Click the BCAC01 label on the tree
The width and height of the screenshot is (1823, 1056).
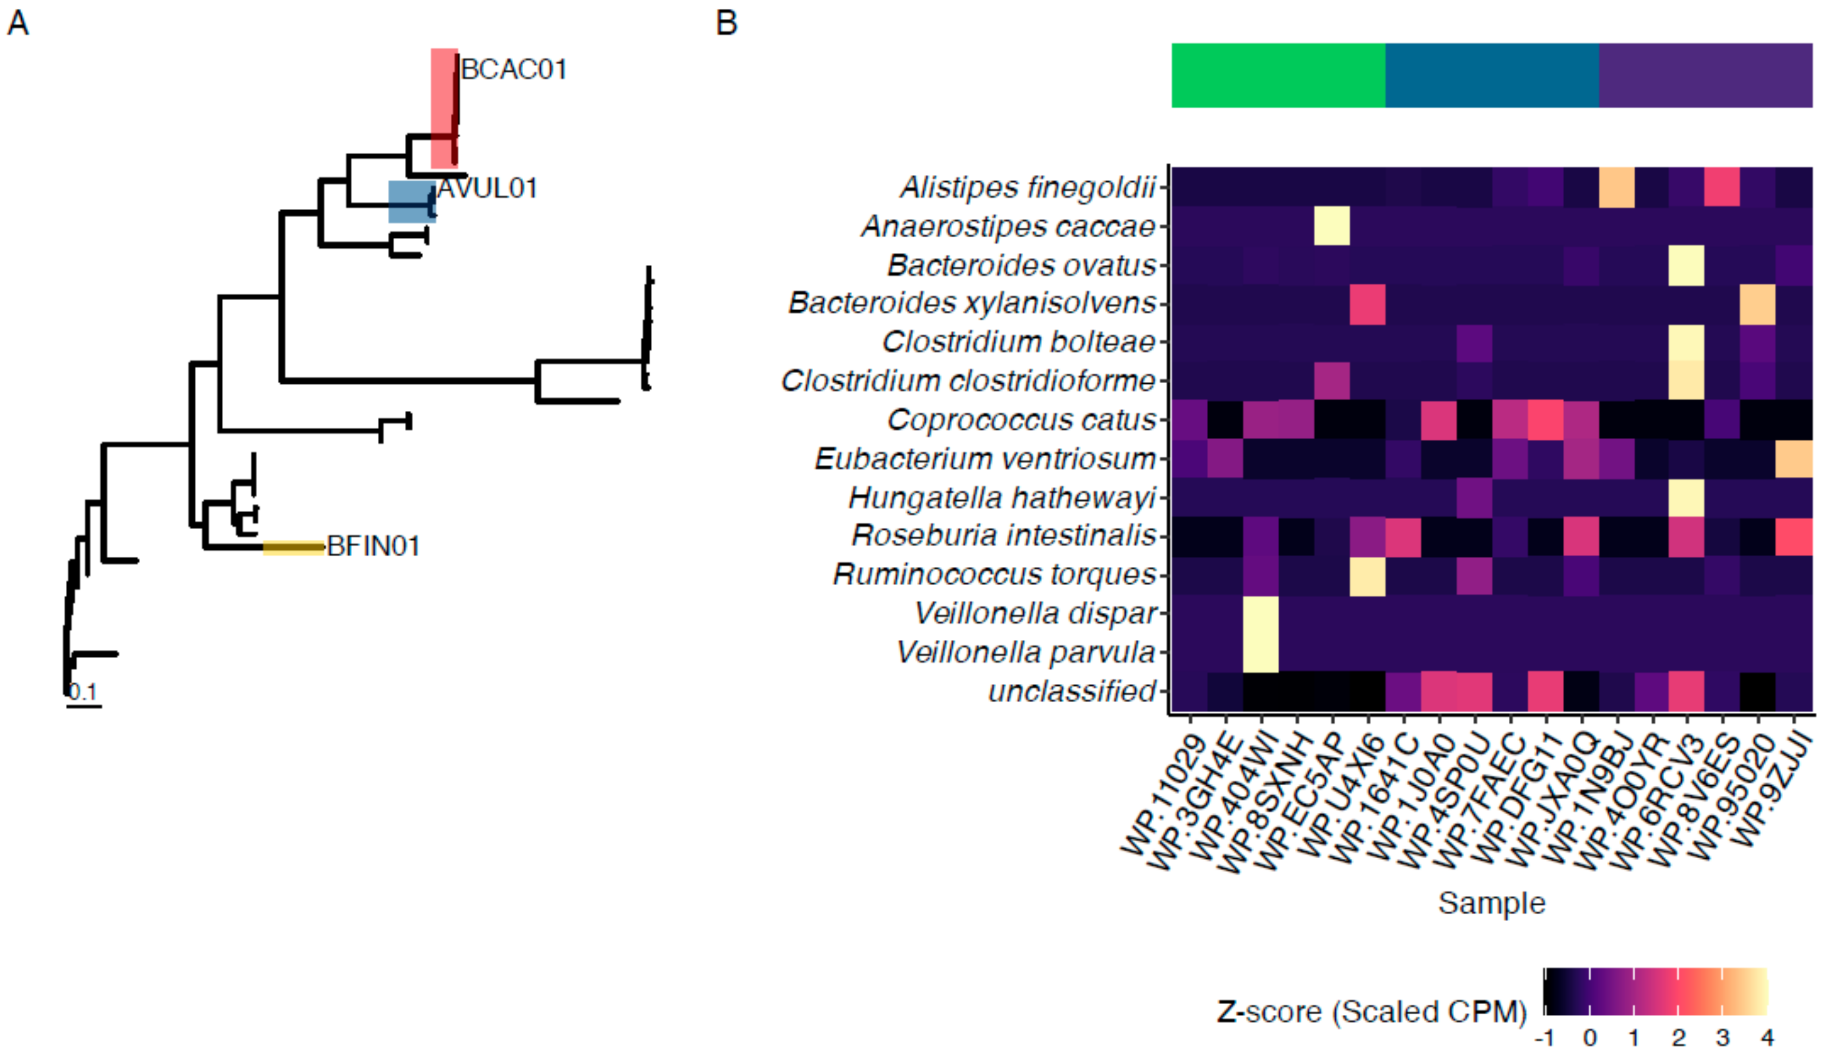click(514, 69)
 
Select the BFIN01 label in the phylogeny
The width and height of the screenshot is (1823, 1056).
click(373, 546)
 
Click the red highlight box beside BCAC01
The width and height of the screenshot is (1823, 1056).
click(444, 108)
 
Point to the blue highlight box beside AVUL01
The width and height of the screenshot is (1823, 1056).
click(411, 201)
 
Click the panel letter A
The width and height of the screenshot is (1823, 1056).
click(18, 22)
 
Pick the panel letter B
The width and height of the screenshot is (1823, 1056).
click(726, 22)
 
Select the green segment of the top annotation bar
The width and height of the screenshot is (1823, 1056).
click(1278, 75)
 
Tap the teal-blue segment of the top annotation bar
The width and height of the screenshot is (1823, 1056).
click(1492, 75)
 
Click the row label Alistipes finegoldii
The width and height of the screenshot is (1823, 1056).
click(1027, 187)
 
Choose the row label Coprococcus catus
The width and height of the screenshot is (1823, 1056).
click(1021, 420)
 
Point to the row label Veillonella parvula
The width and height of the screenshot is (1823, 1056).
click(1025, 652)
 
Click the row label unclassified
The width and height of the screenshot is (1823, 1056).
click(1072, 691)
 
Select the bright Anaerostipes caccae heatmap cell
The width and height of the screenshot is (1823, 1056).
click(1332, 226)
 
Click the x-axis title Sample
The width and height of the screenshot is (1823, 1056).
click(1491, 904)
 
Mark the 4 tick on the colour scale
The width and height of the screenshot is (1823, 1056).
click(1767, 1038)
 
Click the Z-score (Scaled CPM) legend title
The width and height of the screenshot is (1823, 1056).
click(1372, 1011)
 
